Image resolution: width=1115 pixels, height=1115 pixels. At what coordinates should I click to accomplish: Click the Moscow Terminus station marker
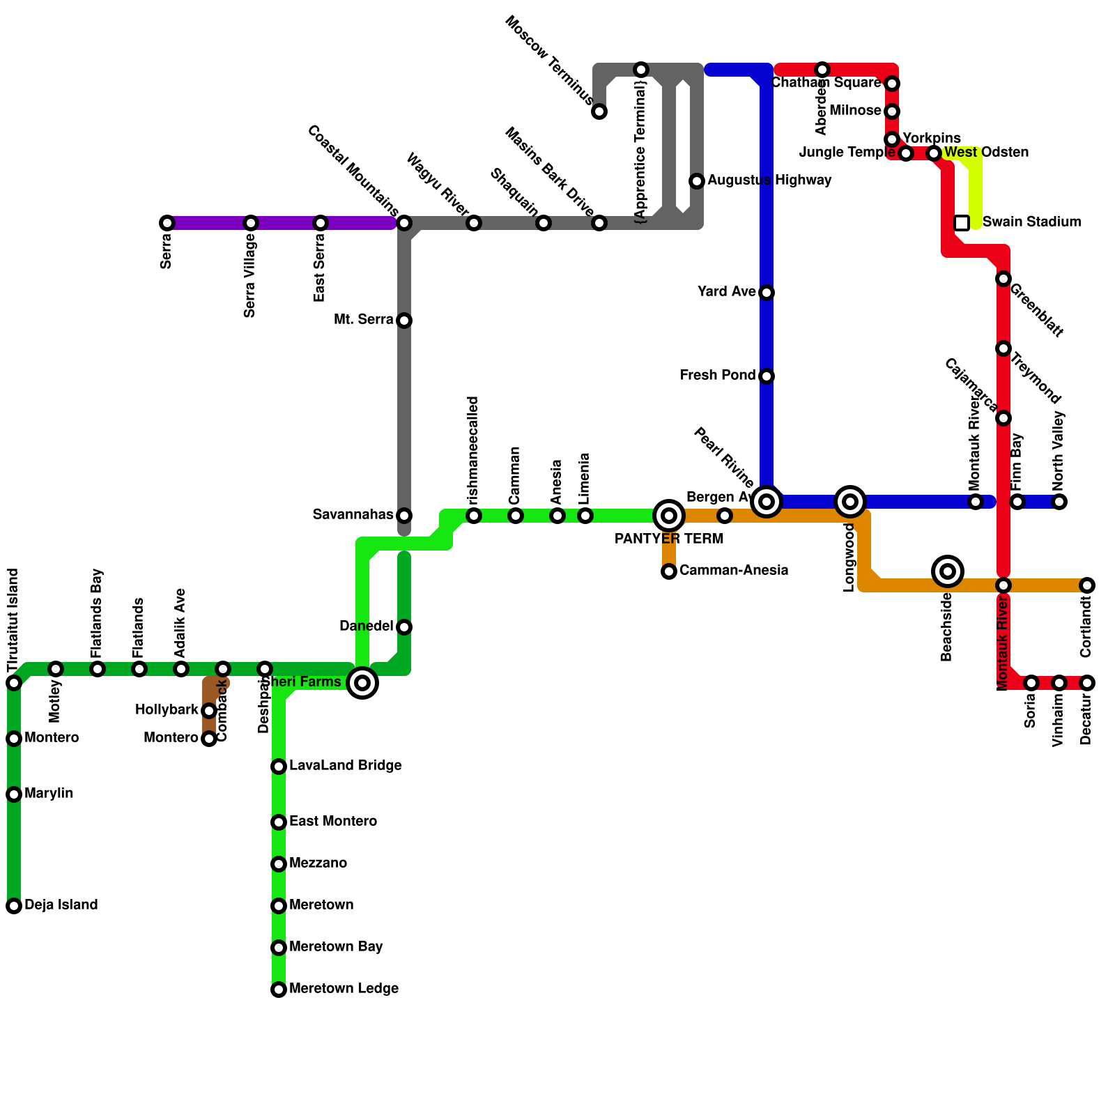tap(599, 111)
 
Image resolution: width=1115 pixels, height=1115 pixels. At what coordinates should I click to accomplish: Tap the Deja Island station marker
tap(14, 906)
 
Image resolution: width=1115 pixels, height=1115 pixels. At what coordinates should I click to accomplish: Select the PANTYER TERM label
tap(669, 539)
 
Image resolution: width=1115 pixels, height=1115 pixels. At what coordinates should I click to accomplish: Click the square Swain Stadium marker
tap(962, 223)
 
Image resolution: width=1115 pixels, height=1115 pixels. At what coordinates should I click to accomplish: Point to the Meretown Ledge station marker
tap(279, 990)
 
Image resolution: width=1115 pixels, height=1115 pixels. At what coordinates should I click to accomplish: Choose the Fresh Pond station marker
tap(767, 376)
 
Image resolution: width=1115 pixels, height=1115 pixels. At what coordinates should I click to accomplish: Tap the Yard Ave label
tap(727, 292)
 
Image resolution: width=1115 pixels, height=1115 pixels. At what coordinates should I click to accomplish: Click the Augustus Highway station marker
tap(697, 181)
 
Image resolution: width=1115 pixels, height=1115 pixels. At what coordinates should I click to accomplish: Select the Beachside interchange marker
tap(948, 571)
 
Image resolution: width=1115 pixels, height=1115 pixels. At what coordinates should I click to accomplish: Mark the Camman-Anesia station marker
tap(669, 571)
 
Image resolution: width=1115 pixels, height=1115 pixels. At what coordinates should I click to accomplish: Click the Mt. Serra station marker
tap(404, 321)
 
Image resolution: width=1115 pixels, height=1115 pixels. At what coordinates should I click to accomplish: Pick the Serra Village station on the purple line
tap(251, 223)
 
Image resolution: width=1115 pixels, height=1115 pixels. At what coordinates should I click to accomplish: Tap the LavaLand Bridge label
tap(346, 766)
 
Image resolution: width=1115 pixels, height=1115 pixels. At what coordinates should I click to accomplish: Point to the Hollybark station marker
tap(209, 711)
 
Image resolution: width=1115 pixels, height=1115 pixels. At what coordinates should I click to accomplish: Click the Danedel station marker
tap(404, 627)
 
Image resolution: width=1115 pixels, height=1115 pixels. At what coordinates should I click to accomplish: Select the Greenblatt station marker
tap(1003, 279)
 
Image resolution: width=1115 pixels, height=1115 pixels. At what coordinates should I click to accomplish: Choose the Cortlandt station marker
tap(1087, 585)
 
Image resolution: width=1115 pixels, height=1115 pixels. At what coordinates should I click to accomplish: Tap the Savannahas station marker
tap(404, 516)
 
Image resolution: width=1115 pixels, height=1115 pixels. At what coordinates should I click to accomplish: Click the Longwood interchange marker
tap(850, 502)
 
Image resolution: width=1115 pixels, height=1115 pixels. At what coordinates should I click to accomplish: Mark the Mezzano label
tap(318, 863)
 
